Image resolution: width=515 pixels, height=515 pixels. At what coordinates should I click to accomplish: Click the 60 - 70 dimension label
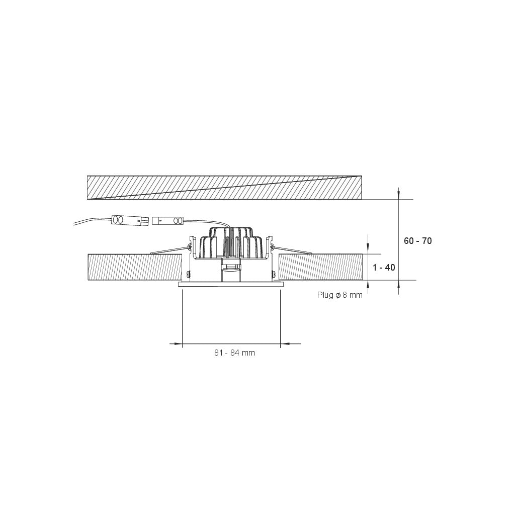pyautogui.click(x=417, y=241)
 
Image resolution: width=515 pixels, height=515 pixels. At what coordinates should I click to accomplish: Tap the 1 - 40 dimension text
pyautogui.click(x=384, y=268)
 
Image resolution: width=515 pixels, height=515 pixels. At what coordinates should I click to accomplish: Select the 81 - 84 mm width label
pyautogui.click(x=234, y=353)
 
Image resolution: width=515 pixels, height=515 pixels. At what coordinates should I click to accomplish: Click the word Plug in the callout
pyautogui.click(x=325, y=295)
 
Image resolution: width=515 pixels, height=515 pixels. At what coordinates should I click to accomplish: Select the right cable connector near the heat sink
pyautogui.click(x=168, y=221)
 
